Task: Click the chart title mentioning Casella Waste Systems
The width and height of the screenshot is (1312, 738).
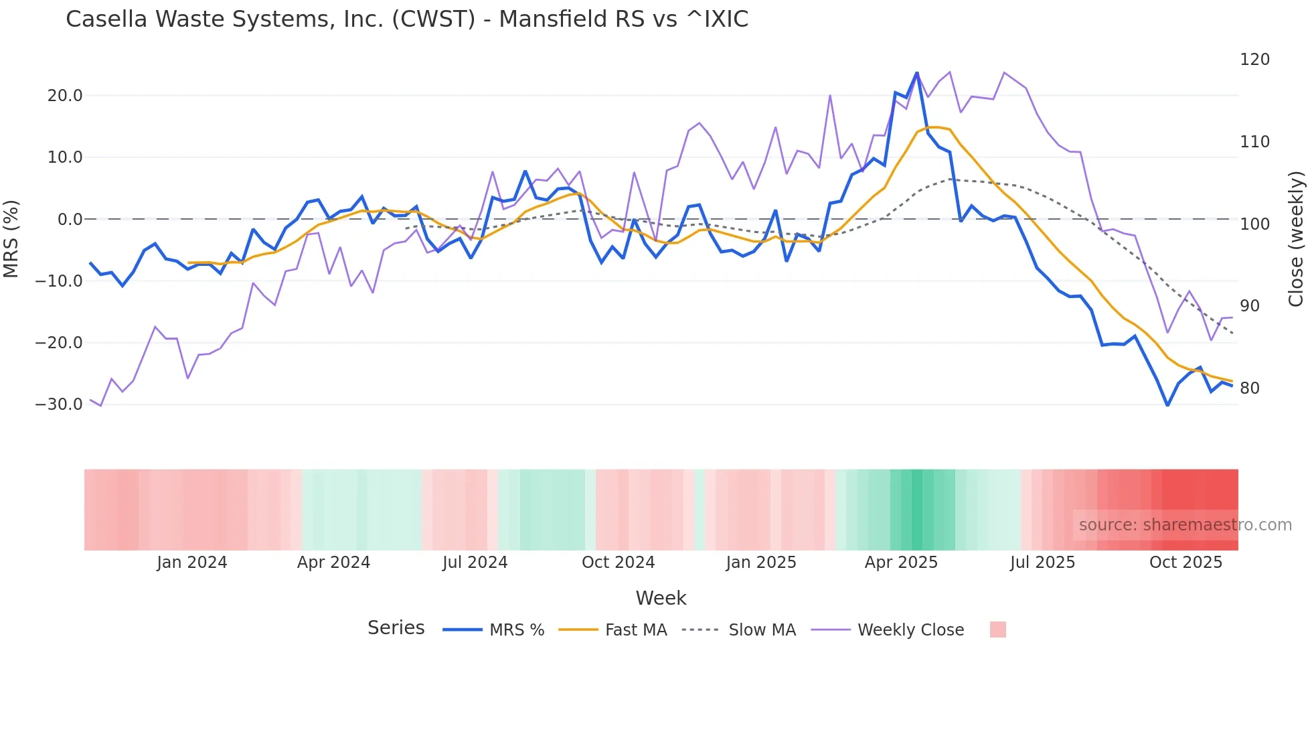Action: [406, 19]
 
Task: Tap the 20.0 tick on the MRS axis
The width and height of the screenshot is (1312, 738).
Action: [65, 96]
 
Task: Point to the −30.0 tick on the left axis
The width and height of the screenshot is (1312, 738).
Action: [59, 404]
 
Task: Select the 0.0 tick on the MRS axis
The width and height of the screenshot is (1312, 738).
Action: [70, 220]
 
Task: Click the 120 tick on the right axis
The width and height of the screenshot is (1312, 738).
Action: [1254, 60]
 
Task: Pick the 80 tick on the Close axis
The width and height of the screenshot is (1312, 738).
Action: [1249, 388]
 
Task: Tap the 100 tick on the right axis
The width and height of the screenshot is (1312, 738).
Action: [1254, 224]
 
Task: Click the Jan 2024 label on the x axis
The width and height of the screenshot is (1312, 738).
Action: [192, 563]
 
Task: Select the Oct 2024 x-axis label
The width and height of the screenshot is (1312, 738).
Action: [618, 563]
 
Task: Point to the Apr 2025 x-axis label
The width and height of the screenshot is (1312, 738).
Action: [901, 563]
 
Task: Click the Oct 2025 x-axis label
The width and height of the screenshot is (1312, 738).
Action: [1185, 563]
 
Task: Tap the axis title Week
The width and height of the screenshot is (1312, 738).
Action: [661, 598]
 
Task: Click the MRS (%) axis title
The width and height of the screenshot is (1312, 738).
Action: [11, 239]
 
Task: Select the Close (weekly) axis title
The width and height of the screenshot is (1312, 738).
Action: [1297, 239]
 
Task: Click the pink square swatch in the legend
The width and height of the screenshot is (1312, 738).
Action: [997, 630]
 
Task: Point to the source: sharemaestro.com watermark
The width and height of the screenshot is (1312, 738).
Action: [1185, 525]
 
